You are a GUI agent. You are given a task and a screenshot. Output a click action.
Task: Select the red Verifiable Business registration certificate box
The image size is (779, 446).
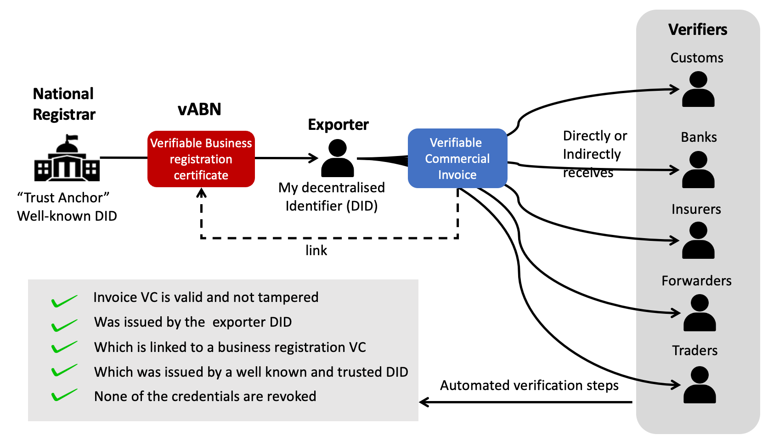pyautogui.click(x=201, y=159)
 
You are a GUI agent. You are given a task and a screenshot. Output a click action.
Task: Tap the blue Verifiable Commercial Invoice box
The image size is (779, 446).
pyautogui.click(x=457, y=158)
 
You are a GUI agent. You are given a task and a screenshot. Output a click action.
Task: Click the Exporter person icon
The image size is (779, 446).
pyautogui.click(x=338, y=159)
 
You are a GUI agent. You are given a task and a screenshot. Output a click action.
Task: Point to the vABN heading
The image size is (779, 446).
pyautogui.click(x=199, y=109)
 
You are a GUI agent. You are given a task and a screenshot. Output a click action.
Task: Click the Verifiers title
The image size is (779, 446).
pyautogui.click(x=698, y=30)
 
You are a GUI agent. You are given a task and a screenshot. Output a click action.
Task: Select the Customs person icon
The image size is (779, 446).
pyautogui.click(x=698, y=89)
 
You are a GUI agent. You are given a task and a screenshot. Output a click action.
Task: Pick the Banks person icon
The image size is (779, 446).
pyautogui.click(x=698, y=170)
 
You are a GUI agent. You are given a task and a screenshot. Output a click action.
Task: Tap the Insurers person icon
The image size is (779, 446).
pyautogui.click(x=698, y=240)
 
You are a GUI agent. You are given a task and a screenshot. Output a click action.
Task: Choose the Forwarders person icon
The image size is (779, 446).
pyautogui.click(x=700, y=313)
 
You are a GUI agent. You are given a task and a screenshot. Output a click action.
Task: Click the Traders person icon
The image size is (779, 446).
pyautogui.click(x=700, y=385)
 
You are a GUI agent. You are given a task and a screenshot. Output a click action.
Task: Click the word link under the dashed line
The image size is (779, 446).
pyautogui.click(x=316, y=251)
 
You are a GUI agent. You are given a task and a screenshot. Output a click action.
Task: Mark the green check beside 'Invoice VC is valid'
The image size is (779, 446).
pyautogui.click(x=64, y=301)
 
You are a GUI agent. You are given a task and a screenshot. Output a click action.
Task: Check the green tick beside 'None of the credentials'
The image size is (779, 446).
pyautogui.click(x=64, y=395)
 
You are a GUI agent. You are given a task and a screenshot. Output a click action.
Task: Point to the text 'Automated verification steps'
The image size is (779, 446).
pyautogui.click(x=529, y=385)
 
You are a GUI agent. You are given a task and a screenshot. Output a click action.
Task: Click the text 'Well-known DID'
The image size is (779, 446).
pyautogui.click(x=67, y=216)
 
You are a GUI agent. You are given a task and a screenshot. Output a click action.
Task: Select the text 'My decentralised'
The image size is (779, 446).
pyautogui.click(x=332, y=188)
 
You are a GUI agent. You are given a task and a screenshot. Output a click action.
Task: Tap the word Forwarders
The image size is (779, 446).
pyautogui.click(x=696, y=281)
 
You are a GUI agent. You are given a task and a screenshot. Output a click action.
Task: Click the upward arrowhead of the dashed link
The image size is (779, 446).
pyautogui.click(x=201, y=193)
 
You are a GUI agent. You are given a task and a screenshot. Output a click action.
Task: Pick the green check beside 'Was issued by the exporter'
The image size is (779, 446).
pyautogui.click(x=64, y=325)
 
